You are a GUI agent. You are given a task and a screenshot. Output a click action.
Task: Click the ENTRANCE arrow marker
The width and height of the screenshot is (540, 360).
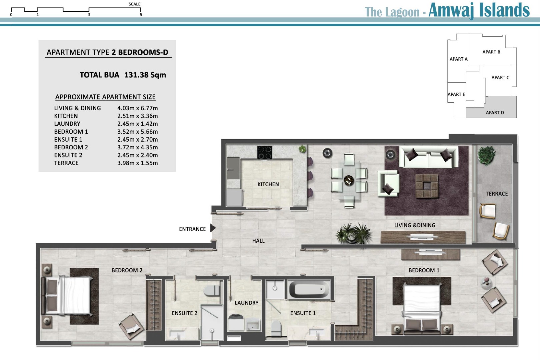[213, 228]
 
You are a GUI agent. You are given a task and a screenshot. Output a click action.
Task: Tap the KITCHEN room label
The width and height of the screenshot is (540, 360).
[268, 184]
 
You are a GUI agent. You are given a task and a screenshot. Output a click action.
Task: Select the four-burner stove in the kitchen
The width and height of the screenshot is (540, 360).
[264, 153]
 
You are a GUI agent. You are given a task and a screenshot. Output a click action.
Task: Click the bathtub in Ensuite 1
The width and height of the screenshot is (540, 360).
[309, 290]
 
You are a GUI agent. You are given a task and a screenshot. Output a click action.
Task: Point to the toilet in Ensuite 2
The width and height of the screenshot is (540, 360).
[211, 291]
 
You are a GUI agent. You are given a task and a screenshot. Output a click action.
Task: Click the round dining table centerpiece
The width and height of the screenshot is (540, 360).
[349, 181]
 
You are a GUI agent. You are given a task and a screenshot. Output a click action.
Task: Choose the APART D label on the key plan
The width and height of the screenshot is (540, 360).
[495, 113]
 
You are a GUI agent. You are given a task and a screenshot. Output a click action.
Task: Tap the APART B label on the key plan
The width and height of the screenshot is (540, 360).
[491, 52]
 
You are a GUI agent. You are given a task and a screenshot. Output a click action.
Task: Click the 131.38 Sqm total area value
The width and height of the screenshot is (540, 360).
[145, 75]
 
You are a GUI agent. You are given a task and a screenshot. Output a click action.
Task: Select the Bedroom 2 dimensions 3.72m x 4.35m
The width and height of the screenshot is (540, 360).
[137, 147]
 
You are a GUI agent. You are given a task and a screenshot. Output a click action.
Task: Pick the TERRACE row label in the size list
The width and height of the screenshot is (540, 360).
[66, 163]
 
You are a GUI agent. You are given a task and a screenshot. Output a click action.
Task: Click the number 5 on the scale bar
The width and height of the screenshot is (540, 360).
[141, 15]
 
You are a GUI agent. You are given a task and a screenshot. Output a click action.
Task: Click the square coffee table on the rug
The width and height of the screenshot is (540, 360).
[427, 186]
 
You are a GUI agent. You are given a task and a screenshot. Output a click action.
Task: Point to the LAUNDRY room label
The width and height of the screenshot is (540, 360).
[247, 303]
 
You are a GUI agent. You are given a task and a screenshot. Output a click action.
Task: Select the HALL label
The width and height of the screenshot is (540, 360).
[258, 241]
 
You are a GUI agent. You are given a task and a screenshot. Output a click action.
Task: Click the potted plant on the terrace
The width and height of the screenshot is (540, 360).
[487, 155]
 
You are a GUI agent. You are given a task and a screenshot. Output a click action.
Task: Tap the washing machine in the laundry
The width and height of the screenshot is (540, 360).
[236, 322]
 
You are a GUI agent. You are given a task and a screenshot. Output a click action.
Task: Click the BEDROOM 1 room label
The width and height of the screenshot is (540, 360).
[424, 271]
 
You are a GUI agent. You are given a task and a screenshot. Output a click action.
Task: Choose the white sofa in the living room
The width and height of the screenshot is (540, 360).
[429, 157]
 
